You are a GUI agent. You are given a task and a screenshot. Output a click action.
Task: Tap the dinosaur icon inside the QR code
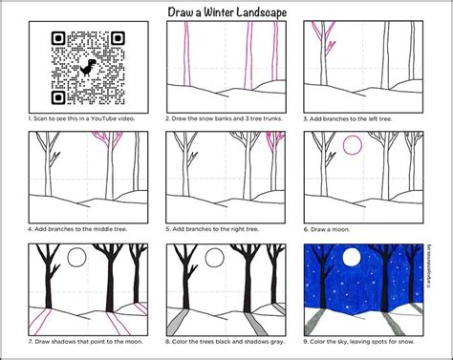(87, 68)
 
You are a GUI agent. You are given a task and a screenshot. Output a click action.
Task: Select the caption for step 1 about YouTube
(84, 119)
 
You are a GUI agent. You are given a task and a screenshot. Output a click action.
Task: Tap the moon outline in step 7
(76, 259)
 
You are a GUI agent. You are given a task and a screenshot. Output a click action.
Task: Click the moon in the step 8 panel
(214, 259)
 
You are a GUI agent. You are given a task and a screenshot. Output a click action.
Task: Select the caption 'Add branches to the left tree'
(361, 119)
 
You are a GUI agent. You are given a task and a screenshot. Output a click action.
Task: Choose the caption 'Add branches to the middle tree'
(88, 230)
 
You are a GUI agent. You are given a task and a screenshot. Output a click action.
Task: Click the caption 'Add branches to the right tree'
(223, 230)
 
